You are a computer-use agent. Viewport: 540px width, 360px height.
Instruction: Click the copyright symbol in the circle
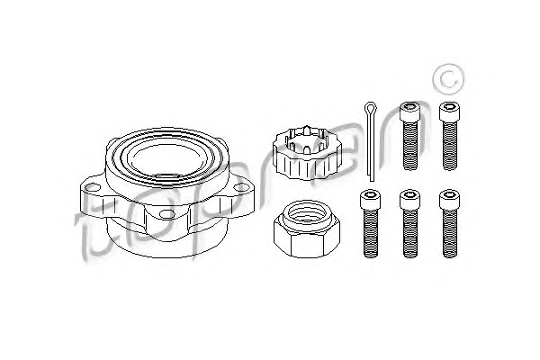pyautogui.click(x=448, y=78)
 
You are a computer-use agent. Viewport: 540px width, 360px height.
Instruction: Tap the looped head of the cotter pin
pyautogui.click(x=370, y=109)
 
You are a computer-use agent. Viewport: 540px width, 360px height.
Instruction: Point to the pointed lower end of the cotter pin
pyautogui.click(x=371, y=179)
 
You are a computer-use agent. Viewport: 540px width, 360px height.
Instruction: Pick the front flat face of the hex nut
pyautogui.click(x=308, y=244)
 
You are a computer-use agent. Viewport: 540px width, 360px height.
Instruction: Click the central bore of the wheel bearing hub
pyautogui.click(x=166, y=159)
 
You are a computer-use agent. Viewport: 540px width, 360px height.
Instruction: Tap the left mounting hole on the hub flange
pyautogui.click(x=93, y=188)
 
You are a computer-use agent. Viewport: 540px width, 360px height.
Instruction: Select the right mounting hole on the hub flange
pyautogui.click(x=240, y=187)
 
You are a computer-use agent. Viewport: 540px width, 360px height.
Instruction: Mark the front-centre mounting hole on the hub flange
pyautogui.click(x=166, y=214)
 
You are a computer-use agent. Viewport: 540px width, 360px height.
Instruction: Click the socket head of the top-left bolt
pyautogui.click(x=409, y=111)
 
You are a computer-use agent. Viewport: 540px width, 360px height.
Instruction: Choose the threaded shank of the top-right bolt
pyautogui.click(x=450, y=146)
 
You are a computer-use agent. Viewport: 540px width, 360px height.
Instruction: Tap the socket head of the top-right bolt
pyautogui.click(x=450, y=112)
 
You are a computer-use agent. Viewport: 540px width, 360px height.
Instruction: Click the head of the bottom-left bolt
pyautogui.click(x=371, y=200)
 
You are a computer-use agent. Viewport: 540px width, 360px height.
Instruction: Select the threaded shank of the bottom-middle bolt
pyautogui.click(x=410, y=233)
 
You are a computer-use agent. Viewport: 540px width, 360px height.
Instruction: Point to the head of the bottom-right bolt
pyautogui.click(x=450, y=200)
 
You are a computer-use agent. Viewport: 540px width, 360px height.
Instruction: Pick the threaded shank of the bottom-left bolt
pyautogui.click(x=371, y=233)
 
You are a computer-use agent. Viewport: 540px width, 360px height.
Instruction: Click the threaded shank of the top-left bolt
pyautogui.click(x=409, y=145)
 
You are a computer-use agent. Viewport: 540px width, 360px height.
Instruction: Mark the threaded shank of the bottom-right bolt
pyautogui.click(x=450, y=233)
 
